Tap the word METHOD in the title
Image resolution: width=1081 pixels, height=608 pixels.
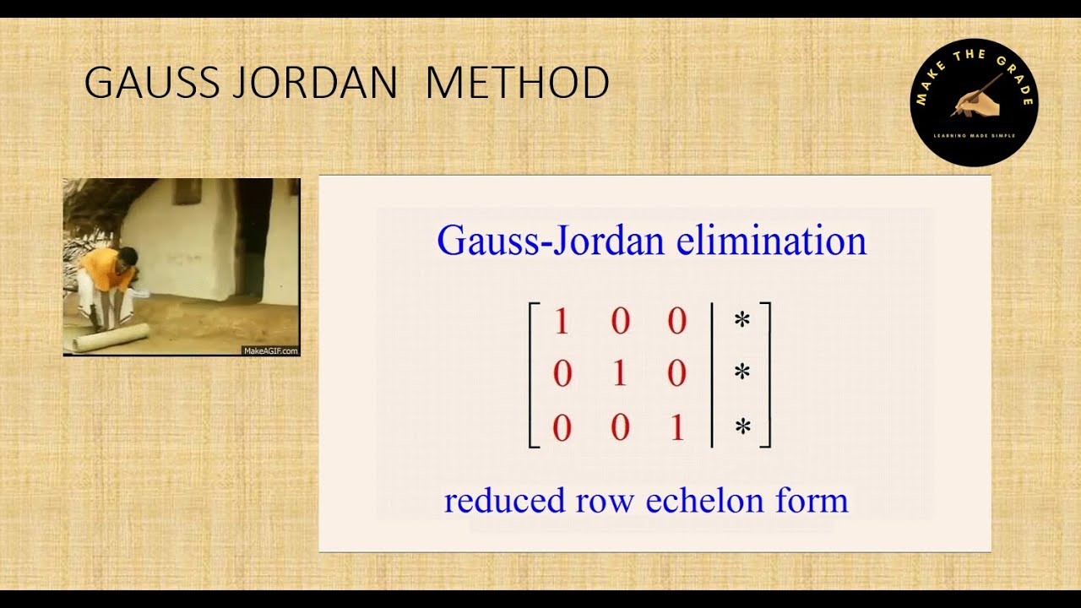pos(517,84)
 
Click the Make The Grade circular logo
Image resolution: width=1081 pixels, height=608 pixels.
pos(974,102)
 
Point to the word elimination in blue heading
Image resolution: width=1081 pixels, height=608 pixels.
pos(772,242)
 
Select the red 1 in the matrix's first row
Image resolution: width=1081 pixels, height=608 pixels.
pos(562,322)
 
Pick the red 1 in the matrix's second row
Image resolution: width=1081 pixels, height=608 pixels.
pos(619,374)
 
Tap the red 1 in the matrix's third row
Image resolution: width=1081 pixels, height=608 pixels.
pos(676,429)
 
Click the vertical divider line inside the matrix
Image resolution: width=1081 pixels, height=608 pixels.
pos(713,374)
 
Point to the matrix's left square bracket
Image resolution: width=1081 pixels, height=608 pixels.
pos(532,374)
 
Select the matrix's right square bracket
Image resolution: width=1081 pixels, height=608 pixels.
pos(766,374)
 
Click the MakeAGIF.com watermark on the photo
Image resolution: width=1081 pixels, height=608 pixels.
pos(270,350)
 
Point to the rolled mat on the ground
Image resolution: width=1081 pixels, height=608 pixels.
pos(110,338)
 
